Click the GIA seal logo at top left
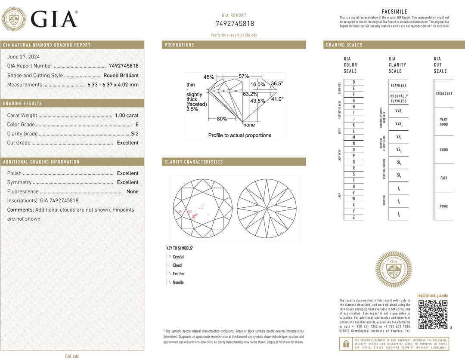(x=14, y=19)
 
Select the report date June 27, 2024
(x=23, y=57)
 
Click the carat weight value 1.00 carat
(x=127, y=115)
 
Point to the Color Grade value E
(x=136, y=125)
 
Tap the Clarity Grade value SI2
(x=134, y=134)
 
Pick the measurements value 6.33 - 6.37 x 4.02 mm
(x=113, y=85)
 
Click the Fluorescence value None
(x=132, y=191)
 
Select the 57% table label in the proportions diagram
(x=244, y=77)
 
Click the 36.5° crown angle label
(x=276, y=83)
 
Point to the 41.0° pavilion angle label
(x=277, y=99)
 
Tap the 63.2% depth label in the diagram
(x=250, y=94)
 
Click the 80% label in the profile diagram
(x=222, y=119)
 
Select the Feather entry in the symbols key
(x=178, y=274)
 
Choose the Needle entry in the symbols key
(x=178, y=283)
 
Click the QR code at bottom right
(x=433, y=314)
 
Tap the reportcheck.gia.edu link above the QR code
(x=432, y=295)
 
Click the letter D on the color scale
(x=353, y=82)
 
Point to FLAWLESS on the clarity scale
(x=398, y=86)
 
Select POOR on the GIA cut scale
(x=443, y=206)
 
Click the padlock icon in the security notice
(x=346, y=344)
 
